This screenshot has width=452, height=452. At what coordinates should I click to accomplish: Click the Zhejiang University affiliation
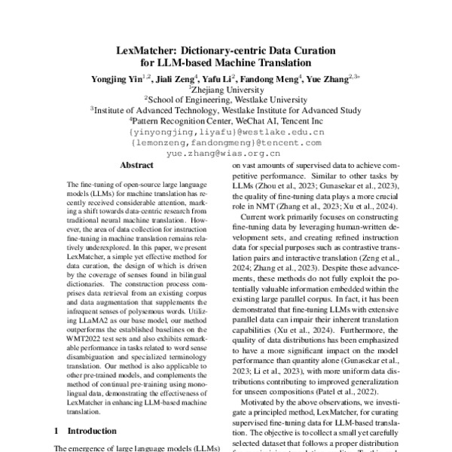pyautogui.click(x=227, y=87)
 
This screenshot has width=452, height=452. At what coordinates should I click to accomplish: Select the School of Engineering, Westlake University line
pyautogui.click(x=227, y=98)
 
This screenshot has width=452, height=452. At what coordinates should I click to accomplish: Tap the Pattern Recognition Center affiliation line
pyautogui.click(x=227, y=119)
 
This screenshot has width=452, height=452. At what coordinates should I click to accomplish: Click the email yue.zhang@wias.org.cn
pyautogui.click(x=226, y=151)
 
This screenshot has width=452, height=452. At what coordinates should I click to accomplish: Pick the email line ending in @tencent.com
pyautogui.click(x=226, y=140)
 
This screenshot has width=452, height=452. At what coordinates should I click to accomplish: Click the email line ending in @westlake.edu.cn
pyautogui.click(x=226, y=130)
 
